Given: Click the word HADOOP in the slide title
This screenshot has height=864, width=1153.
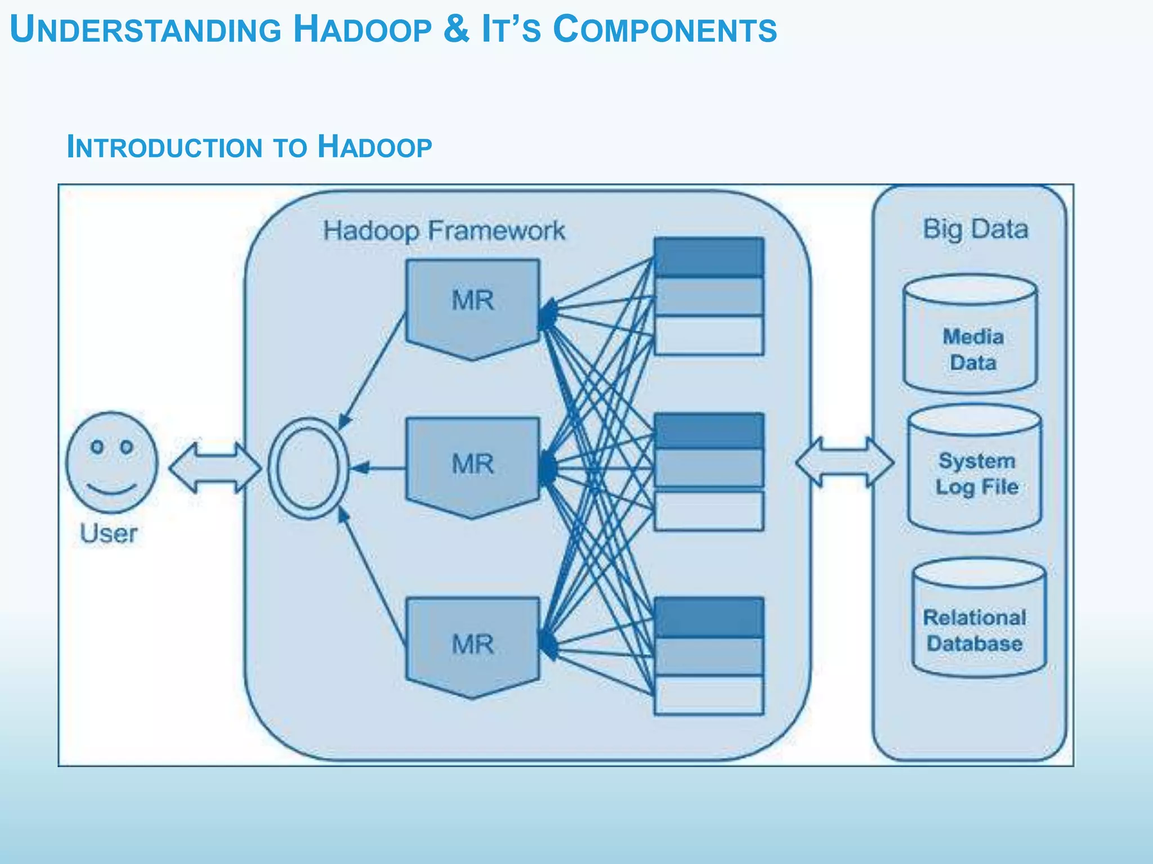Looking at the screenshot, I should click(x=363, y=29).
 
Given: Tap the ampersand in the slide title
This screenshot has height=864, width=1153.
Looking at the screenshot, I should click(x=456, y=29).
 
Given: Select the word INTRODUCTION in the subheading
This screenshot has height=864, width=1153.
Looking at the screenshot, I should click(x=164, y=147).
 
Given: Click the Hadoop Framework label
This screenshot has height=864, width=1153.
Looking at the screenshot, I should click(x=444, y=231).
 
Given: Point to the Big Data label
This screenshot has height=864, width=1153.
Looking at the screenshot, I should click(x=975, y=229).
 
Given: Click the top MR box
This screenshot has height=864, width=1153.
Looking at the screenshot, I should click(x=472, y=307).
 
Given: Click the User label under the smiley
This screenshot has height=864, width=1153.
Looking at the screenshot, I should click(x=108, y=533).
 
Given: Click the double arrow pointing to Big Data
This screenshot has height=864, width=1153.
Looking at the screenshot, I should click(x=844, y=462).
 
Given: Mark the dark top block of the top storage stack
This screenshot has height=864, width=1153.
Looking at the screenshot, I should click(x=708, y=257).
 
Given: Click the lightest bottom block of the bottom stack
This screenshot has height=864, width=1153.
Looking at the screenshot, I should click(x=708, y=695).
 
